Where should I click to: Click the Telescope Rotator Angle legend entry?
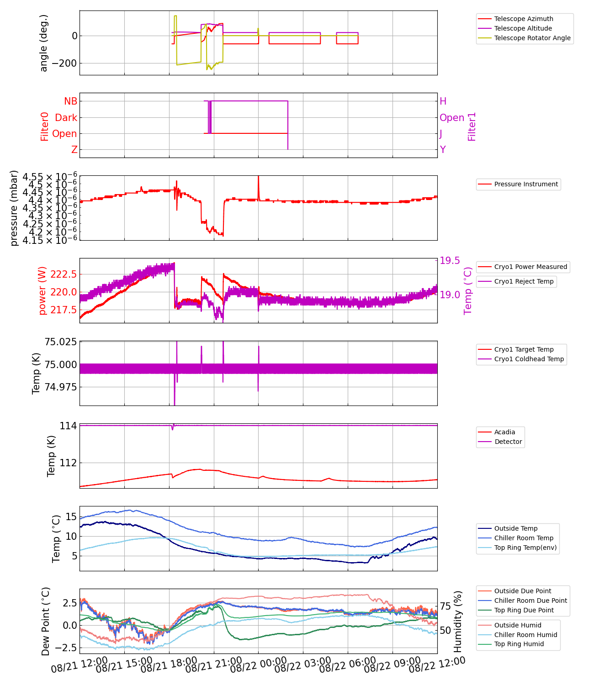(x=532, y=38)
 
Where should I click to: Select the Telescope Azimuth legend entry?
(x=524, y=19)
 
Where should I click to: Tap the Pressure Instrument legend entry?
(x=526, y=184)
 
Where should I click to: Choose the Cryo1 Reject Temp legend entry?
(x=524, y=281)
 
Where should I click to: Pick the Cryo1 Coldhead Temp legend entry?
(x=529, y=359)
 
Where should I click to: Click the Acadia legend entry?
(x=504, y=432)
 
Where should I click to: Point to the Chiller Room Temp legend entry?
(x=524, y=538)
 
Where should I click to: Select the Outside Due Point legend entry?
(x=523, y=591)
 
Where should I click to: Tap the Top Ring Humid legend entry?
(x=519, y=644)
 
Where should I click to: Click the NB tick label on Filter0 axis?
(x=70, y=101)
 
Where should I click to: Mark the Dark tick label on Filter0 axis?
(x=66, y=118)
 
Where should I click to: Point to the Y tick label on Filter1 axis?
(x=443, y=150)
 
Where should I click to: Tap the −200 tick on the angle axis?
(x=64, y=63)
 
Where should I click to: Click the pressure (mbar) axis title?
(x=14, y=208)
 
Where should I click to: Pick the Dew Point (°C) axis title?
(x=45, y=621)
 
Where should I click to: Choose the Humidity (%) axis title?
(x=458, y=621)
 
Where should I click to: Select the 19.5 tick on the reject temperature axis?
(x=450, y=261)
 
